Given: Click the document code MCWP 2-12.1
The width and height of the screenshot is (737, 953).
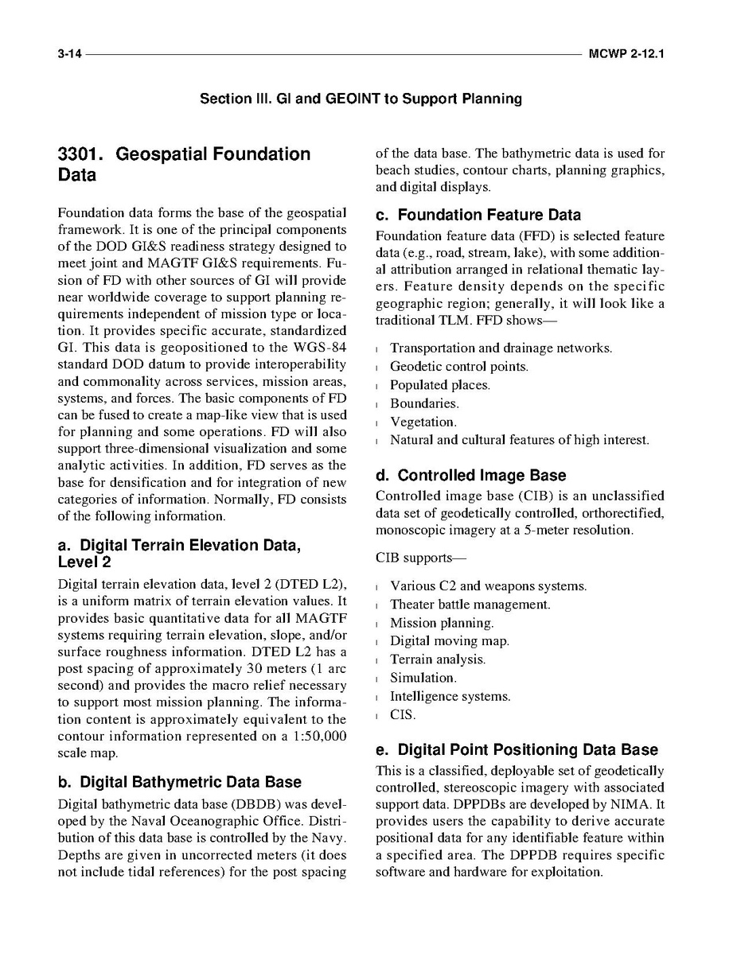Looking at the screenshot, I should point(626,56).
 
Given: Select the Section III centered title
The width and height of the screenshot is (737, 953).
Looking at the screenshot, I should point(361,99).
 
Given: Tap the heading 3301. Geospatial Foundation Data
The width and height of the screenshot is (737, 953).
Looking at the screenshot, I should point(184,165).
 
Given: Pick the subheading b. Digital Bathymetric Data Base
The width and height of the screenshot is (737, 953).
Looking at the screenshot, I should point(180,782).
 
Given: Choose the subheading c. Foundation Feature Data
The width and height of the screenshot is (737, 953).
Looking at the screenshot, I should point(478,216).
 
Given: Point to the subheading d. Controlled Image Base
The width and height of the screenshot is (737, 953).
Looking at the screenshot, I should point(470,476).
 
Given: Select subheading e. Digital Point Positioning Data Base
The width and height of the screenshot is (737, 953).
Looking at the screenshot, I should point(517,750).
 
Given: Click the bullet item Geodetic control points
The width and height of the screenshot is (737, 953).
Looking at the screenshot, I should point(458,367).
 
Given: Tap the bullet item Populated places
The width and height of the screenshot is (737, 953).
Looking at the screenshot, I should point(439,385).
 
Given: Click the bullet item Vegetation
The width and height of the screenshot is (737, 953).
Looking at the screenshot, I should point(423,422).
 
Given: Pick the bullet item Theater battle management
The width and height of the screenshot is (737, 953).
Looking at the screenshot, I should point(470,605).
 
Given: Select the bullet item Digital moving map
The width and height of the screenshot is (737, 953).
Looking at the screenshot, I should point(449,641).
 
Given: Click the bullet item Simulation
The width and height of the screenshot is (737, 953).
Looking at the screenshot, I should point(422,678).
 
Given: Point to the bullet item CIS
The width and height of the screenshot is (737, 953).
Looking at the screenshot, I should point(403,714).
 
